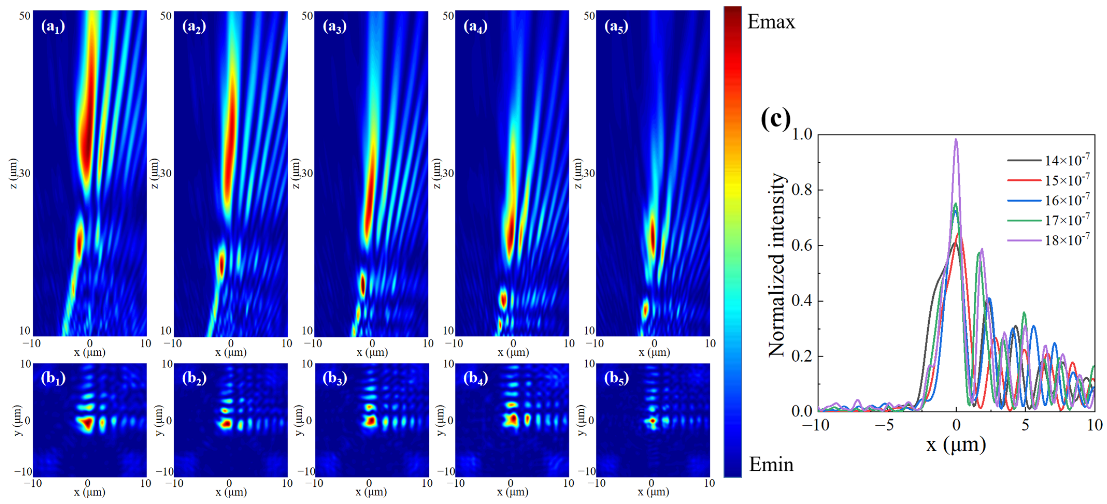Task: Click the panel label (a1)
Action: (x=53, y=27)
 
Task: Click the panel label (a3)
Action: (x=334, y=27)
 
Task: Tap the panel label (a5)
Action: (x=616, y=27)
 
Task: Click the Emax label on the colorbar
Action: (x=771, y=21)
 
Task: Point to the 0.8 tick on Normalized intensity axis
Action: (x=802, y=189)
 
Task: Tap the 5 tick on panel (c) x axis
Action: (x=1025, y=425)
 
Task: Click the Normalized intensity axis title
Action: (x=777, y=265)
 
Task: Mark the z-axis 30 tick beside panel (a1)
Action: (x=25, y=173)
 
